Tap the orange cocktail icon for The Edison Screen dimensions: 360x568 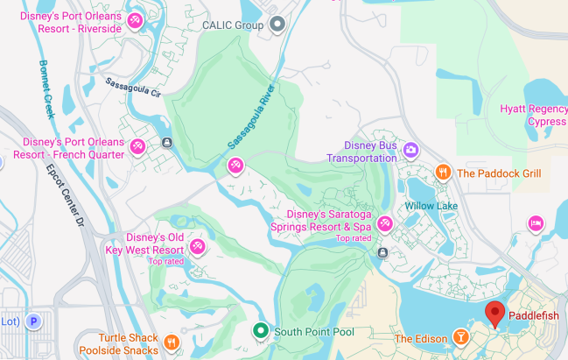point(460,338)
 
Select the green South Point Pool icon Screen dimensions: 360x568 point(260,331)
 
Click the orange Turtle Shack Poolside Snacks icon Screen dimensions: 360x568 point(172,341)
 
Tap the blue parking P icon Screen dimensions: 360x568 point(33,321)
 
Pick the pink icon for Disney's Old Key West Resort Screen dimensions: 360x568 point(198,246)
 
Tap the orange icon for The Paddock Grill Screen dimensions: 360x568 point(443,173)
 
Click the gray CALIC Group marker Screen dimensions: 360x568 point(277,24)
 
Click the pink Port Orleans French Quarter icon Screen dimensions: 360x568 point(137,146)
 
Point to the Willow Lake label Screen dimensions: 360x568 point(431,206)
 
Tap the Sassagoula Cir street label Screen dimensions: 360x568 point(133,85)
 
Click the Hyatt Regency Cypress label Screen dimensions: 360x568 point(533,115)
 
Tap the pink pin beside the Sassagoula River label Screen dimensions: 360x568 point(235,164)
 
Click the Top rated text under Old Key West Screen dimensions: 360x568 point(166,261)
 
